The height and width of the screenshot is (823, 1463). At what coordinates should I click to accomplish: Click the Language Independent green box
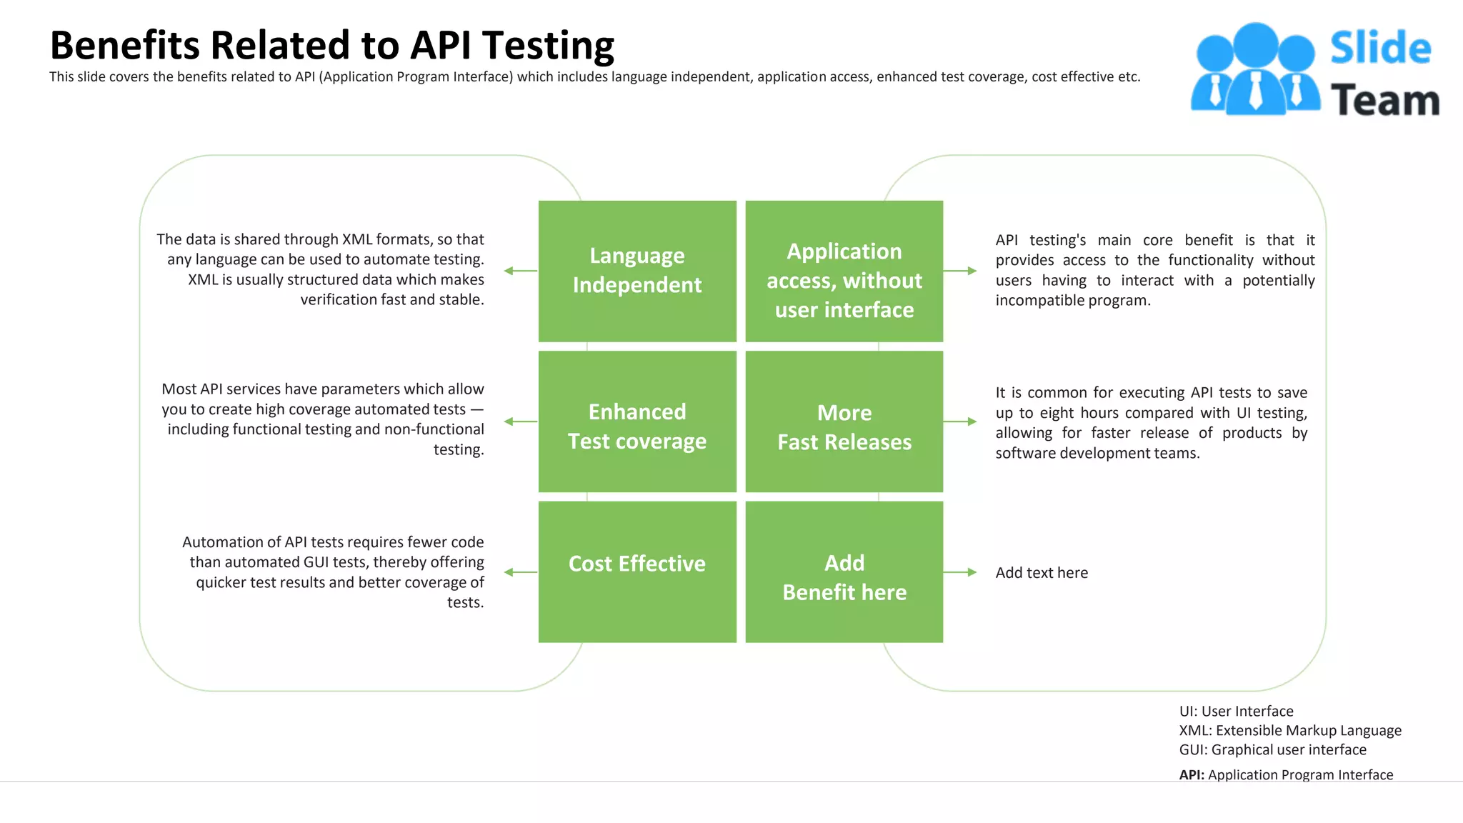(x=637, y=271)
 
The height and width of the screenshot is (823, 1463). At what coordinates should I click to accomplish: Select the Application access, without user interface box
(x=844, y=271)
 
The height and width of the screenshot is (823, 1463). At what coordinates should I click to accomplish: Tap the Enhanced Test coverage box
(x=637, y=422)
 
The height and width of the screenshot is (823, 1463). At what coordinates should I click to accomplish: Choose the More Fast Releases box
(x=844, y=422)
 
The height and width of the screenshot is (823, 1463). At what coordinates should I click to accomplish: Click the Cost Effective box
(x=637, y=572)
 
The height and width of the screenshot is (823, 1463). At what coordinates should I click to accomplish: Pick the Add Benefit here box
(x=844, y=572)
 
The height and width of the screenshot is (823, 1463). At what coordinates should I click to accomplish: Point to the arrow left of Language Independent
(x=520, y=271)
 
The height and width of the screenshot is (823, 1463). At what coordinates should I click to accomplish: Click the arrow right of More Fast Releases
(x=960, y=422)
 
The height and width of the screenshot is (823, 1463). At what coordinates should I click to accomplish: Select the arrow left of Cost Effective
(x=520, y=572)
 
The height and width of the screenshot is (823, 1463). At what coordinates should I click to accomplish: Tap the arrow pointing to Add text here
(x=960, y=572)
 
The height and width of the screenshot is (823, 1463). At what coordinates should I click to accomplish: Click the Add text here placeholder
(x=1042, y=573)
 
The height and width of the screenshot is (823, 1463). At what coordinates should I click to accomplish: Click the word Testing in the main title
(x=548, y=46)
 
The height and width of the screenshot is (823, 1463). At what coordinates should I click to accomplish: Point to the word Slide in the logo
(x=1380, y=48)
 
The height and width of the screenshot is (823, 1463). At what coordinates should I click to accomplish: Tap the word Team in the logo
(x=1384, y=100)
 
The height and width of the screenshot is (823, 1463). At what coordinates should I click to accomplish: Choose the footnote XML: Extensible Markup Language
(x=1290, y=730)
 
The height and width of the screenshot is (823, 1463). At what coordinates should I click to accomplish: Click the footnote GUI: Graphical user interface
(x=1272, y=749)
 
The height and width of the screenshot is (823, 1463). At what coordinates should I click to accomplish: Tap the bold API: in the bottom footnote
(x=1192, y=775)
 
